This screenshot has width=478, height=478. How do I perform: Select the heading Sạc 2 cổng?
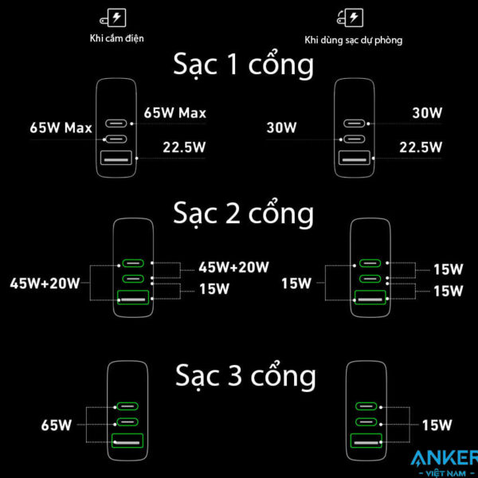pos(243,214)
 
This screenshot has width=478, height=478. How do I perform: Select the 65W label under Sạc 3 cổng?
pos(56,425)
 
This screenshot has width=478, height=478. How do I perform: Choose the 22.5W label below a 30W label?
pos(420,146)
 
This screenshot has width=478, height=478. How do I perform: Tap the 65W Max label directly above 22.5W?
pos(175,113)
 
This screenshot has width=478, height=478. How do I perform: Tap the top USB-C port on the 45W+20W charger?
pos(132,264)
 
